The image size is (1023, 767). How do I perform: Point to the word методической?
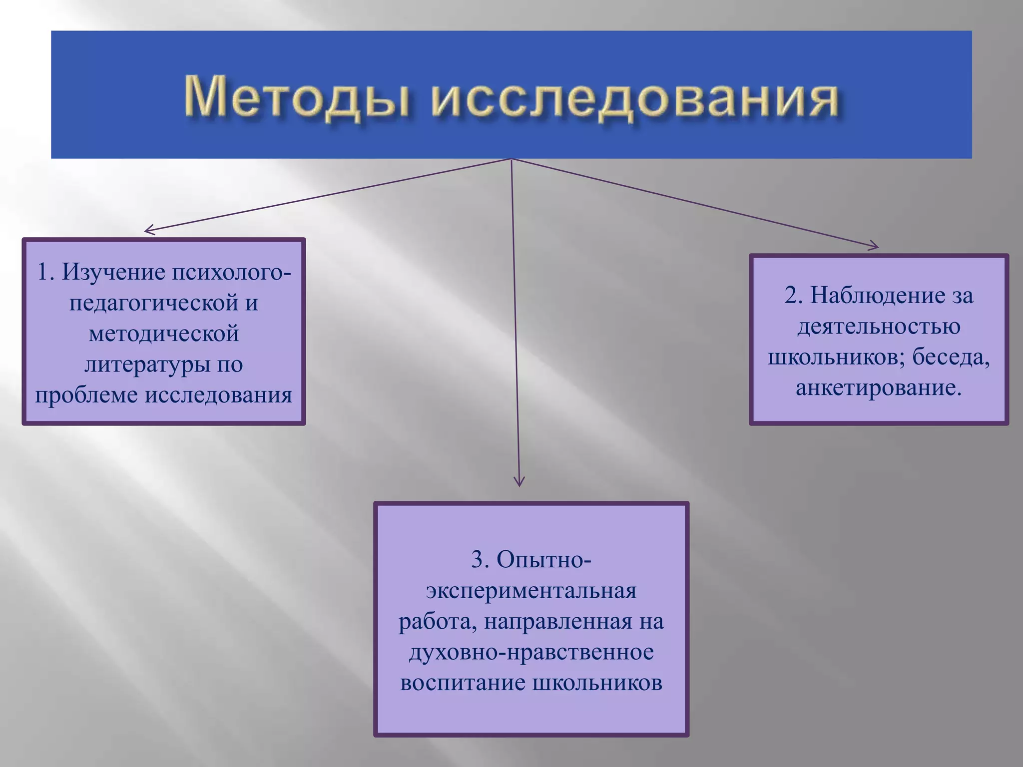[164, 334]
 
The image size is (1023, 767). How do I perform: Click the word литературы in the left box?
[147, 365]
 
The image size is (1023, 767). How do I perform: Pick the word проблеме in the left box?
[86, 395]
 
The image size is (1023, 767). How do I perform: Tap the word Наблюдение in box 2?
[877, 295]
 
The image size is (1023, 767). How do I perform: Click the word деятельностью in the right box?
[879, 326]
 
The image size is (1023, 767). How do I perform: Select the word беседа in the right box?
[951, 357]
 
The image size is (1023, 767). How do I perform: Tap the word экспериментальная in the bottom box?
[531, 591]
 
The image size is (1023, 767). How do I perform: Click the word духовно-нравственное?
[531, 652]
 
